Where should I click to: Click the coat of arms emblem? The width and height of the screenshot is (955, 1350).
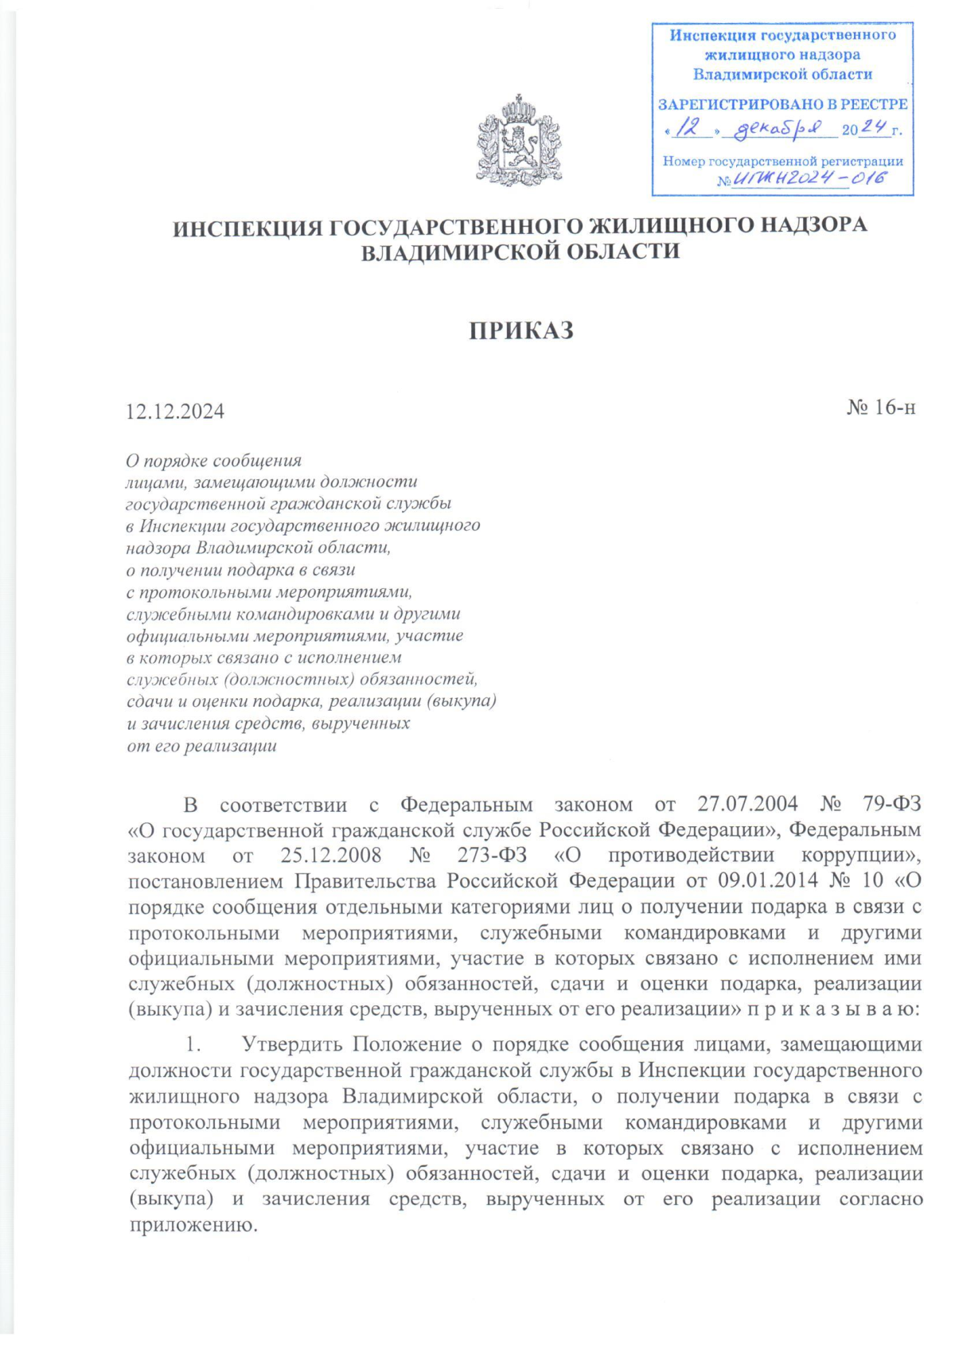(x=519, y=141)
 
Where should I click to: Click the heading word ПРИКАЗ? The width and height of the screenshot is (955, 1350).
(x=521, y=331)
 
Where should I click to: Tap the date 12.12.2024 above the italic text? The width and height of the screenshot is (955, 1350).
(x=175, y=412)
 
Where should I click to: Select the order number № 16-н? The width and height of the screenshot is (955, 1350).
(x=881, y=408)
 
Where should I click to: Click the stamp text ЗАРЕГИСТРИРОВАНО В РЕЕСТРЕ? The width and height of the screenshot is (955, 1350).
(x=782, y=104)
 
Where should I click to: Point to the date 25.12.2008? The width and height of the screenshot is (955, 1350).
(x=330, y=856)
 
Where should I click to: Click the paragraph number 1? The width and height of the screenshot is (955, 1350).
(x=191, y=1045)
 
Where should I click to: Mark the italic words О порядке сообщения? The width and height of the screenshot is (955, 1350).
(x=214, y=461)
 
